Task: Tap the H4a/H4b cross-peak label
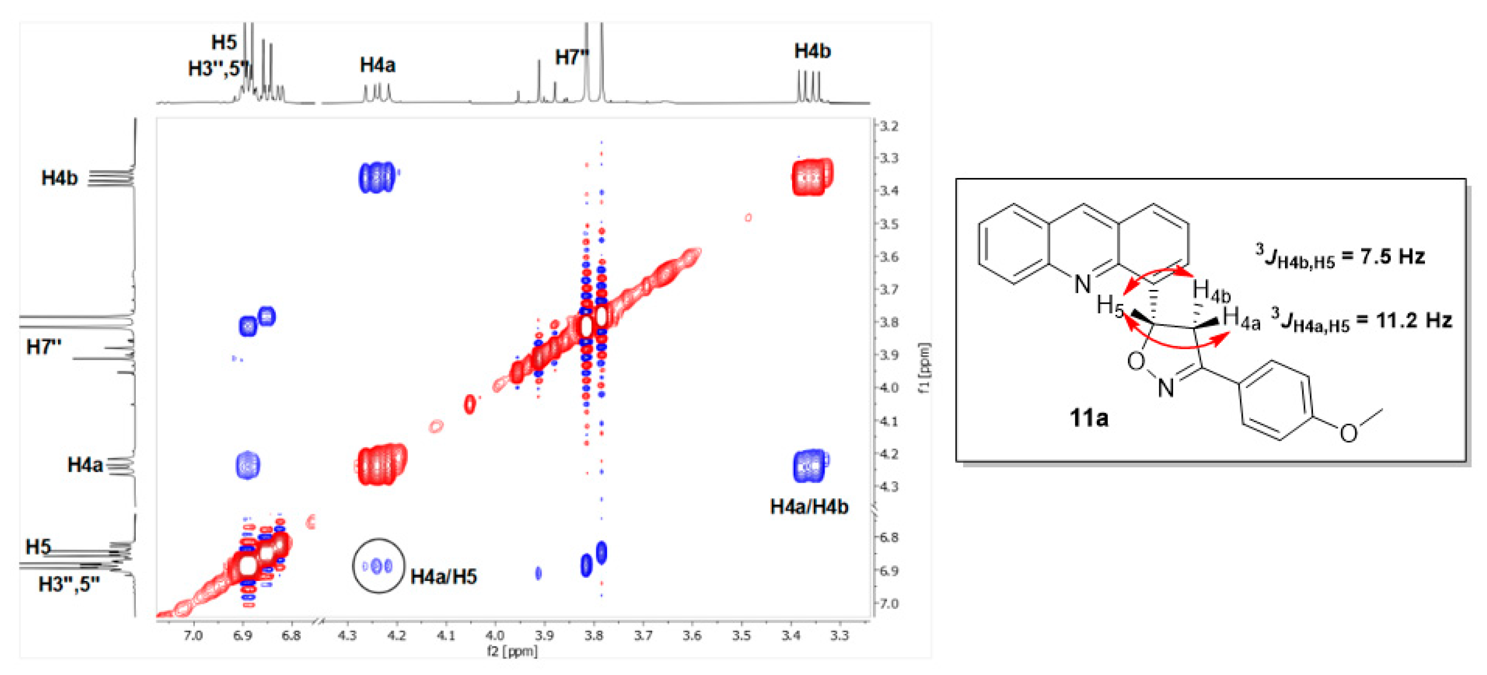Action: click(809, 507)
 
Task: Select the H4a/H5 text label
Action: click(443, 576)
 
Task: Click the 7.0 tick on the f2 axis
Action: click(193, 636)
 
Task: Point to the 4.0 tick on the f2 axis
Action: click(494, 636)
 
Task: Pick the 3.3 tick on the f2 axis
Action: click(839, 636)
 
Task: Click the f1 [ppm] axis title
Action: click(924, 368)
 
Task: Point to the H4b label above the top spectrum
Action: click(812, 51)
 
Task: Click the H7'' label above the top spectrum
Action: click(571, 57)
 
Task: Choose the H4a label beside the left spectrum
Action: click(85, 464)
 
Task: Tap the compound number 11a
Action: click(1088, 418)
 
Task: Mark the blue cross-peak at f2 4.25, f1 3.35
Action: click(377, 177)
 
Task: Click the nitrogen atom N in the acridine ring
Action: click(1083, 284)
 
